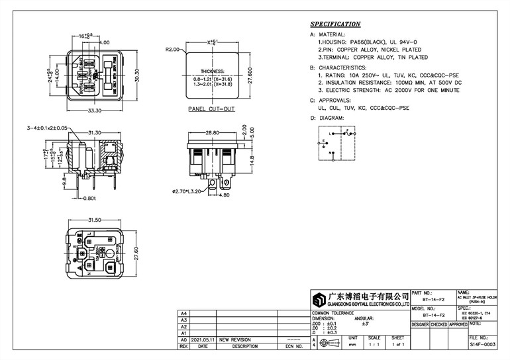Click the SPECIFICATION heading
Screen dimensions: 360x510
tap(335, 24)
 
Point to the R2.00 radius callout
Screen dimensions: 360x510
tap(173, 49)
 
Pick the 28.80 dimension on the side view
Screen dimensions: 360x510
tap(212, 133)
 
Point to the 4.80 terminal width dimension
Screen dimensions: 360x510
tap(224, 195)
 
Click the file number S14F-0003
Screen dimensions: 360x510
tap(482, 345)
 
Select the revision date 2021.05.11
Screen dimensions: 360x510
tap(203, 339)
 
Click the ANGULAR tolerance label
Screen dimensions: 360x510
tap(364, 318)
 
